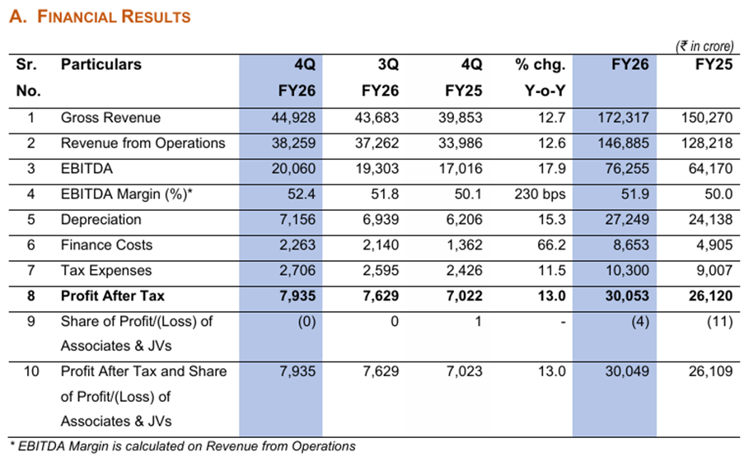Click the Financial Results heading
[x=100, y=16]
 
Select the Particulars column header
[x=101, y=64]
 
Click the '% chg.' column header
[x=540, y=64]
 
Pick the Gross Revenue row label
[x=110, y=118]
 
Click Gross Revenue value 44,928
[x=293, y=118]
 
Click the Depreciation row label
[x=101, y=220]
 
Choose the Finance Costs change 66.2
[x=551, y=245]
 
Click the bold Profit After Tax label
[x=112, y=296]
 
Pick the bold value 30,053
[x=626, y=296]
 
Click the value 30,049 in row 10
[x=626, y=371]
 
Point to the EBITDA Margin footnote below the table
[x=181, y=446]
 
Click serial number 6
[x=30, y=245]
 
